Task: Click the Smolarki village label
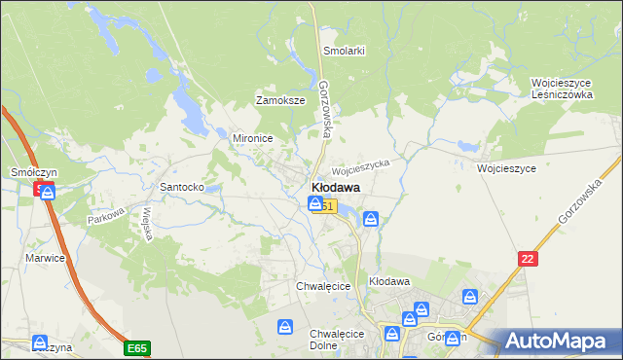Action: click(x=345, y=51)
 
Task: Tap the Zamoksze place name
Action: click(x=280, y=100)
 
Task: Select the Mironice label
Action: click(x=251, y=138)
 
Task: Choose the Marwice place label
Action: click(x=45, y=258)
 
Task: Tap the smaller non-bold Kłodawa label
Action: click(x=389, y=281)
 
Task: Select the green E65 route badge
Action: click(x=136, y=347)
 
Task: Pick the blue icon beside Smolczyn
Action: click(x=48, y=192)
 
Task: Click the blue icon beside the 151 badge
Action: click(x=315, y=203)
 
